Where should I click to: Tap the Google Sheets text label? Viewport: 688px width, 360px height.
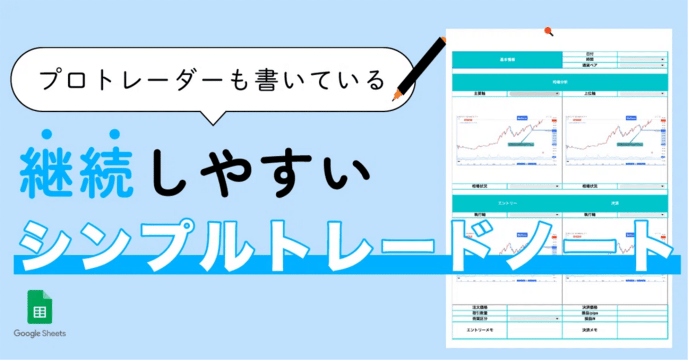point(40,334)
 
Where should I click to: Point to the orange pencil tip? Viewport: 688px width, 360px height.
point(396,97)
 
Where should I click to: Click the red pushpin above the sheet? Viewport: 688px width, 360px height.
point(548,31)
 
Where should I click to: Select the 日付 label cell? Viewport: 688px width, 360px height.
point(589,54)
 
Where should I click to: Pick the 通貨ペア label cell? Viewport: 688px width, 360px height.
point(589,65)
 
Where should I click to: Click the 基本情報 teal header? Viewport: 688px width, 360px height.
point(507,60)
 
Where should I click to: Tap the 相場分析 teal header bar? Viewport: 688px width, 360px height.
point(559,82)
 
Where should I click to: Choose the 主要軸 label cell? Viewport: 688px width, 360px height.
point(481,93)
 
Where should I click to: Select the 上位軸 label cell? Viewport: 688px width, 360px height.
point(589,93)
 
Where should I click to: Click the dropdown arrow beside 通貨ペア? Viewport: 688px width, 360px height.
point(663,65)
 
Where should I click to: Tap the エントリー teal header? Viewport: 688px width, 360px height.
point(507,204)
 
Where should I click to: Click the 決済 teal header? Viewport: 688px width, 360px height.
point(614,204)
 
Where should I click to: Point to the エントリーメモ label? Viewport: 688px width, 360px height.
point(479,330)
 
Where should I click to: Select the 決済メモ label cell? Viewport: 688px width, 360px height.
point(589,330)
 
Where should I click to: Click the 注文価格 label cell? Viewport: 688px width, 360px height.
point(479,307)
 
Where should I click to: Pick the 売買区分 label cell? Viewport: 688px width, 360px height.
point(479,319)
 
